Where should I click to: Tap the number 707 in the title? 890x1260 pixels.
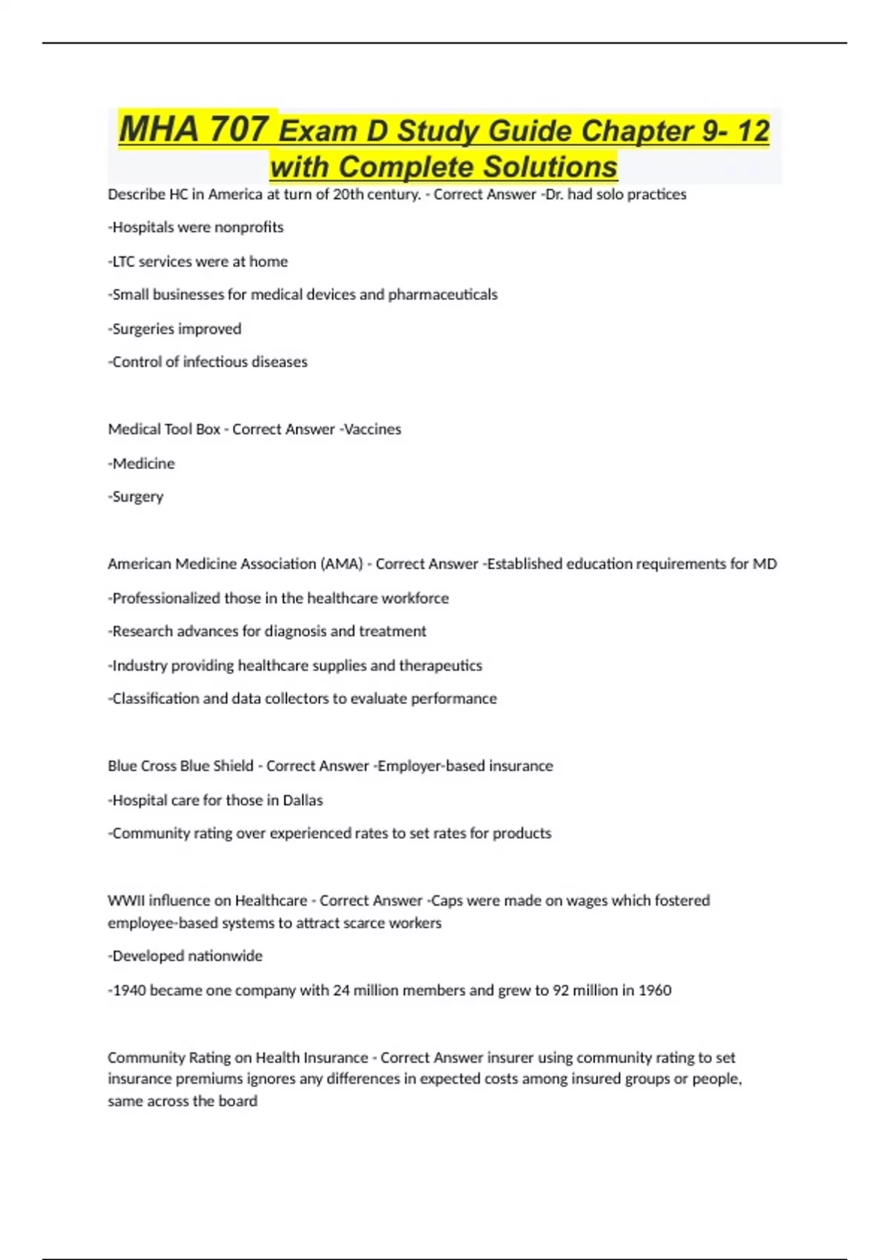tap(238, 129)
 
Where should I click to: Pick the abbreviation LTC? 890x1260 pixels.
tap(124, 262)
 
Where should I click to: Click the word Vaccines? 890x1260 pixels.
tap(372, 429)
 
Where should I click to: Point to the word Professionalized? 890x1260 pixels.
tap(165, 598)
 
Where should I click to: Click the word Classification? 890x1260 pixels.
tap(155, 699)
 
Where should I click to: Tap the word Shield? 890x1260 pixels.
tap(233, 766)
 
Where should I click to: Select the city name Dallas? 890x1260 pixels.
tap(303, 800)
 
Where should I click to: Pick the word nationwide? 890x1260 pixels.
tap(225, 956)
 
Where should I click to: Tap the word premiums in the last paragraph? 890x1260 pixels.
tap(205, 1079)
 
